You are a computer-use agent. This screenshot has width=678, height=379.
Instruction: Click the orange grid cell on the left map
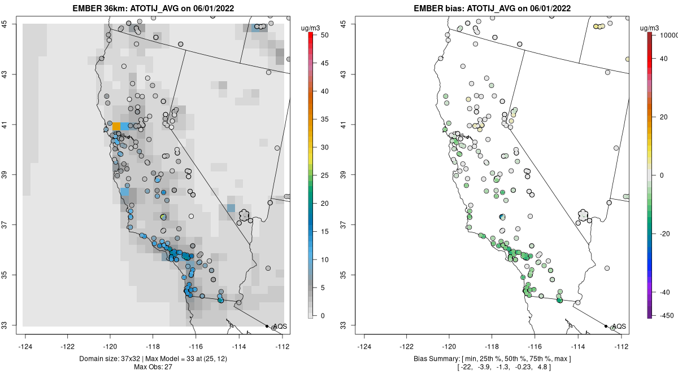(116, 126)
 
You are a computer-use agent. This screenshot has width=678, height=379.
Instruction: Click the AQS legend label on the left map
(280, 327)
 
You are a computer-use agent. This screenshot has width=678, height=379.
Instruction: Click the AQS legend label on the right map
(619, 327)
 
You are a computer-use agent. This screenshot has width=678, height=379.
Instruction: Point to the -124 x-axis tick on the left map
(25, 346)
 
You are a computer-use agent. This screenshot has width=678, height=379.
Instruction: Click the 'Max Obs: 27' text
(154, 367)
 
